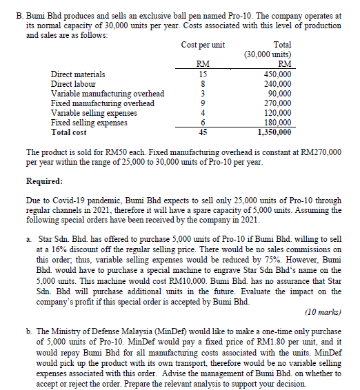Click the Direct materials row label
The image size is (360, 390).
78,74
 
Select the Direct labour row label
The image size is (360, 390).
74,83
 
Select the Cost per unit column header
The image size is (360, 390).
203,45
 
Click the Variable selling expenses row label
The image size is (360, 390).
94,112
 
